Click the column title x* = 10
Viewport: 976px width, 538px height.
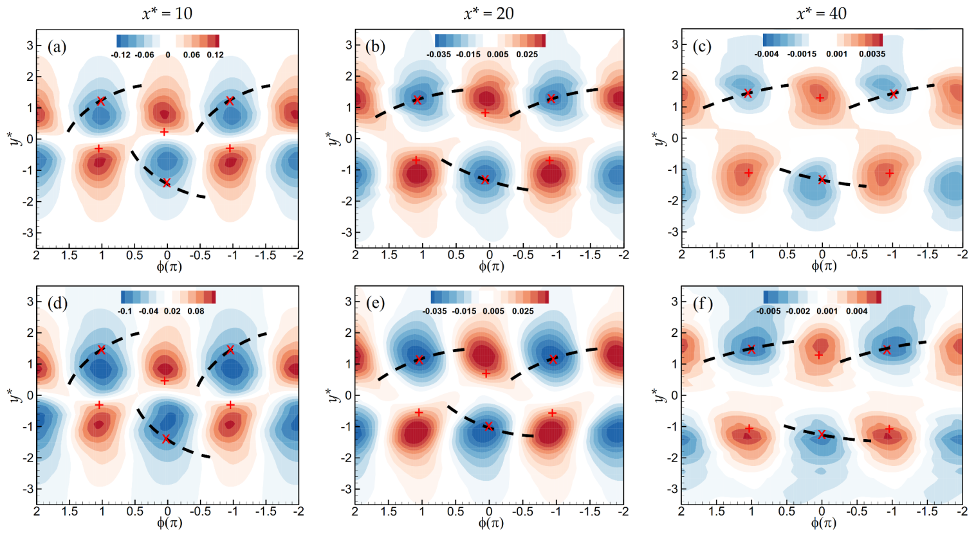[x=167, y=13]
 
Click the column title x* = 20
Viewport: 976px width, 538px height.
[x=488, y=13]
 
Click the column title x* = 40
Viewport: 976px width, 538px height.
[x=821, y=13]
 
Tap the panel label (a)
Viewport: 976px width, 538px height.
[x=57, y=47]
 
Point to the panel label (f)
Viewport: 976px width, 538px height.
[x=702, y=303]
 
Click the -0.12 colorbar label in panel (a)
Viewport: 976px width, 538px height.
[x=120, y=55]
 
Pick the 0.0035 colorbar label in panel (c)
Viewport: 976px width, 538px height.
[x=872, y=54]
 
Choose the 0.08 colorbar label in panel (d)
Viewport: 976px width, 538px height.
[x=196, y=311]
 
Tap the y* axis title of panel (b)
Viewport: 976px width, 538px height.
[x=333, y=138]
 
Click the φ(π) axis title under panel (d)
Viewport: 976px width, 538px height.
[x=169, y=523]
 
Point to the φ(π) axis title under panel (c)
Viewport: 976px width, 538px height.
[x=824, y=265]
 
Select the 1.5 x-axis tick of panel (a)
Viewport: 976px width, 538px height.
[x=69, y=255]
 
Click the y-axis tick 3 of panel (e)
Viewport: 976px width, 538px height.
[x=347, y=301]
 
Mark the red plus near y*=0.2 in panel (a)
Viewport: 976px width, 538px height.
[x=164, y=132]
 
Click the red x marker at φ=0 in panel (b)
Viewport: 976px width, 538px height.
[x=485, y=180]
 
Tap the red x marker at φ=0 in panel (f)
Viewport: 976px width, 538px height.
[x=821, y=435]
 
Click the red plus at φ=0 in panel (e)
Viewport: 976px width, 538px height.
[x=486, y=373]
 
